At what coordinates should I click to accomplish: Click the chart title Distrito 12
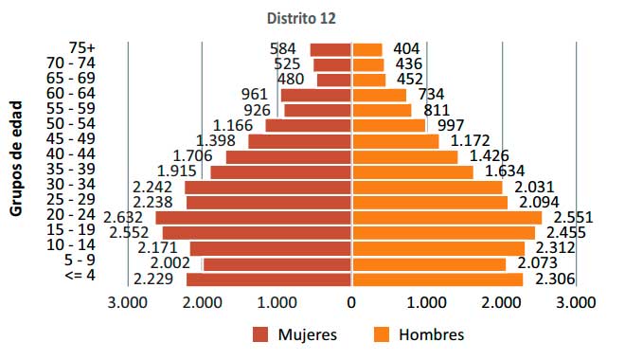pyautogui.click(x=301, y=17)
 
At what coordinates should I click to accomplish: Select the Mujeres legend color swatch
pyautogui.click(x=261, y=334)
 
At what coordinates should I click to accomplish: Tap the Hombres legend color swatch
pyautogui.click(x=384, y=334)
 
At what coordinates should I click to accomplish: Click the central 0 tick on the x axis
pyautogui.click(x=351, y=303)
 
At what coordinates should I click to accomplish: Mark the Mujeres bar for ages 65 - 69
pyautogui.click(x=334, y=80)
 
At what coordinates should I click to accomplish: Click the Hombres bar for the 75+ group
pyautogui.click(x=367, y=49)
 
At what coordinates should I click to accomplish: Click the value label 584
pyautogui.click(x=283, y=49)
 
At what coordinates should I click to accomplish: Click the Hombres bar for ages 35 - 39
pyautogui.click(x=413, y=171)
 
